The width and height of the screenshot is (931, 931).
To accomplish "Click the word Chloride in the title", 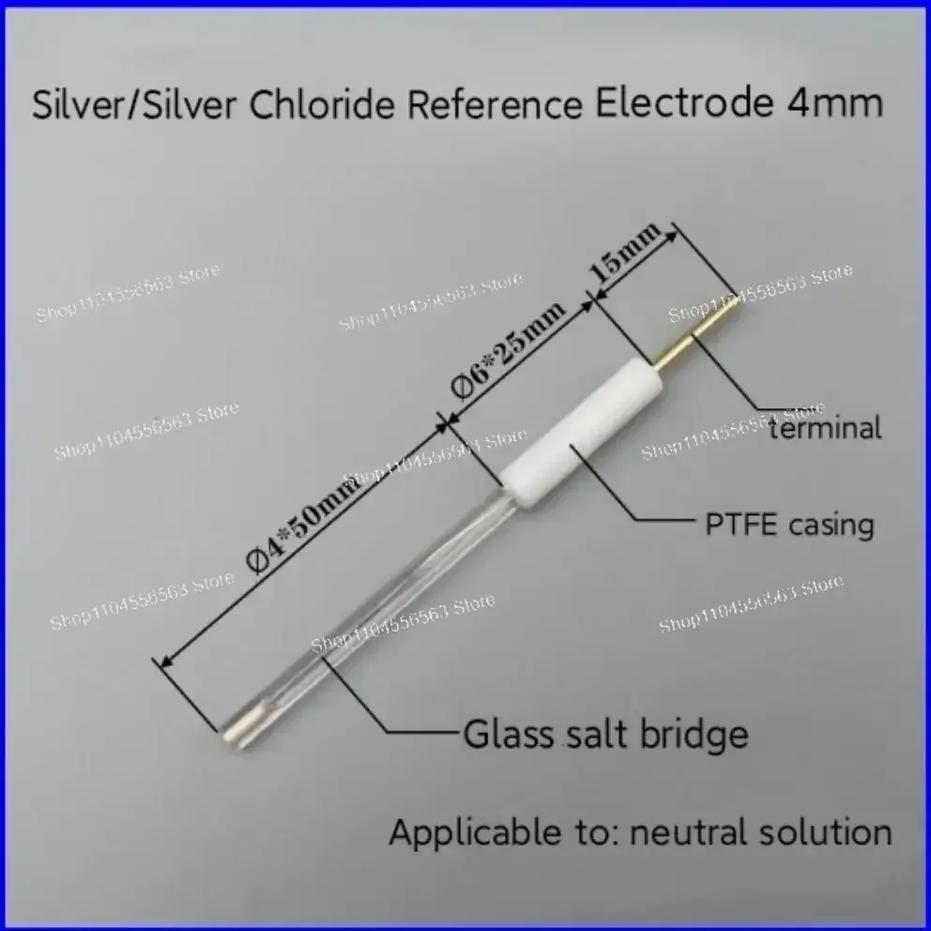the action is pyautogui.click(x=322, y=104).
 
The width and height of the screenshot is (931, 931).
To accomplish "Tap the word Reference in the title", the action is pyautogui.click(x=495, y=104).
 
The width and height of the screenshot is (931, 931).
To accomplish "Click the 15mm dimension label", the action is pyautogui.click(x=625, y=252).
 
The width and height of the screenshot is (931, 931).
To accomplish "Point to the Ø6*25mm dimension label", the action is pyautogui.click(x=509, y=350).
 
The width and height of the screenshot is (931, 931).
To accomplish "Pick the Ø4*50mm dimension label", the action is pyautogui.click(x=304, y=525).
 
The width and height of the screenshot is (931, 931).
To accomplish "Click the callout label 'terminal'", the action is pyautogui.click(x=825, y=428).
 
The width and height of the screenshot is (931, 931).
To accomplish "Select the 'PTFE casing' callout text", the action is pyautogui.click(x=789, y=525).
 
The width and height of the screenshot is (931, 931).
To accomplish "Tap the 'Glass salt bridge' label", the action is pyautogui.click(x=605, y=735).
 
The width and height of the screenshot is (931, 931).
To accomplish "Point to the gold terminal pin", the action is pyautogui.click(x=695, y=331).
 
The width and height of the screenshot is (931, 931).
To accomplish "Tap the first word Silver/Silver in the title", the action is pyautogui.click(x=134, y=105).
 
